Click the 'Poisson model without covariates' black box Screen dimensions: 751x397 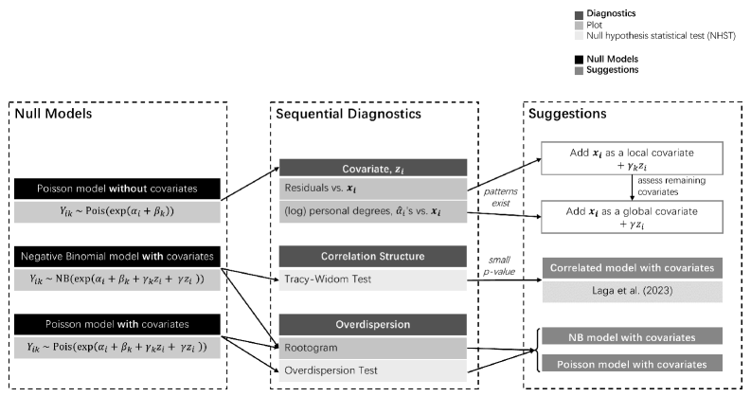coord(117,189)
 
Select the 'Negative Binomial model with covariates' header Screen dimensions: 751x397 coord(117,257)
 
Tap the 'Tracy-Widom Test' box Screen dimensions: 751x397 coord(373,280)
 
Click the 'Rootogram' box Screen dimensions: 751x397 coord(373,348)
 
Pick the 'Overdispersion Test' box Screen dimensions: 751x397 coord(373,370)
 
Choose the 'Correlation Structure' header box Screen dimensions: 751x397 coord(373,256)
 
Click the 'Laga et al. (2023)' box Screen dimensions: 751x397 coord(633,291)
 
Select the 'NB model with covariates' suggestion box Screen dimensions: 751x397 coord(633,337)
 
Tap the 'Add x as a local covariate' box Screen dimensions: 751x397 coord(633,158)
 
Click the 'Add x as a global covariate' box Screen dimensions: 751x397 coord(633,217)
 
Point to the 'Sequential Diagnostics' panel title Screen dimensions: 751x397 coord(349,114)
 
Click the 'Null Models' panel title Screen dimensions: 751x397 coord(53,114)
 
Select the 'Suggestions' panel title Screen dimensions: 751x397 coord(567,114)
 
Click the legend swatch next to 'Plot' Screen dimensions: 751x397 coord(579,26)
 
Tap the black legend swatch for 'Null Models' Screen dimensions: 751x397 coord(579,60)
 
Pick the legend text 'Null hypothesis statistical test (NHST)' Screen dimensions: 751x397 coord(661,36)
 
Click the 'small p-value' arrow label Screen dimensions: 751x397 coord(499,265)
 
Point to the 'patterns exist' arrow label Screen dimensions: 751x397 coord(500,197)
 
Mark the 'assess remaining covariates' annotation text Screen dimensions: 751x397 coord(671,186)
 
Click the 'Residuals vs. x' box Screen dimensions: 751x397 coord(373,189)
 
